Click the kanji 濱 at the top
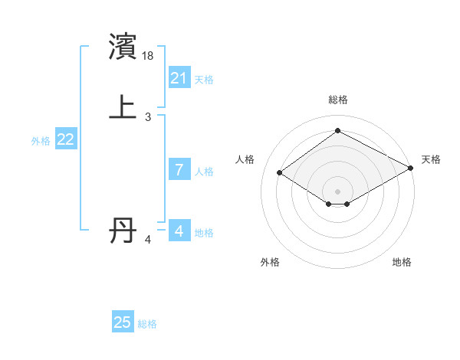pos(123,47)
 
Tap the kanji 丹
pos(123,230)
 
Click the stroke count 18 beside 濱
pos(149,56)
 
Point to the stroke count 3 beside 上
pos(148,116)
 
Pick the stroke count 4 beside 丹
pos(148,240)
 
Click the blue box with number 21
pos(179,78)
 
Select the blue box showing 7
pos(179,170)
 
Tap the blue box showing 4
pos(179,231)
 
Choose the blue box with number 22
pos(66,139)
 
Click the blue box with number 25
pos(123,322)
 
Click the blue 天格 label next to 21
pos(204,80)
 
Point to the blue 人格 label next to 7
pos(204,172)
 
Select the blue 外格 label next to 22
pos(41,141)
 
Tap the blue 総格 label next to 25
pos(147,324)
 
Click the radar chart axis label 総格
pos(337,100)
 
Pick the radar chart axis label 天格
pos(431,159)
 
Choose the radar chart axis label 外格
pos(270,262)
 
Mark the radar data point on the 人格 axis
pos(280,173)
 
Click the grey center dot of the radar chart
pos(337,191)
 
